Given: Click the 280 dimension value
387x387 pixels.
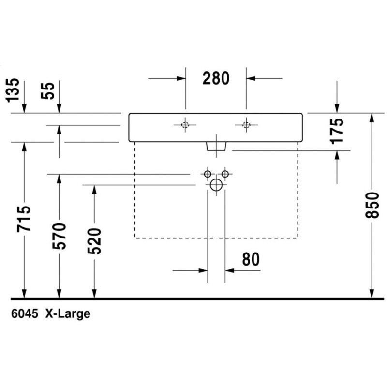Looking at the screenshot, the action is point(216,78).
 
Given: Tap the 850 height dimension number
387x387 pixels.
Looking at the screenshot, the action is point(372,205).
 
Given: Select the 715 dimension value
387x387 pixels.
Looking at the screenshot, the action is point(24,219).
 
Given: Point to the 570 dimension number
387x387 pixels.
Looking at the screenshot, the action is point(59,236).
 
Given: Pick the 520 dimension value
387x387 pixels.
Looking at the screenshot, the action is point(94,241).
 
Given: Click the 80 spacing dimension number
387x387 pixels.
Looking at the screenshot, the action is point(251,259).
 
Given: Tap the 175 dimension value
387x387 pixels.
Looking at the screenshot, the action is point(337,131).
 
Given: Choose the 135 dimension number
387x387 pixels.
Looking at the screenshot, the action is point(12,90).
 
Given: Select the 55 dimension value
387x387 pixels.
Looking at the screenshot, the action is point(47,90).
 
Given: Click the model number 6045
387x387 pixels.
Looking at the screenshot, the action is point(25,313).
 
